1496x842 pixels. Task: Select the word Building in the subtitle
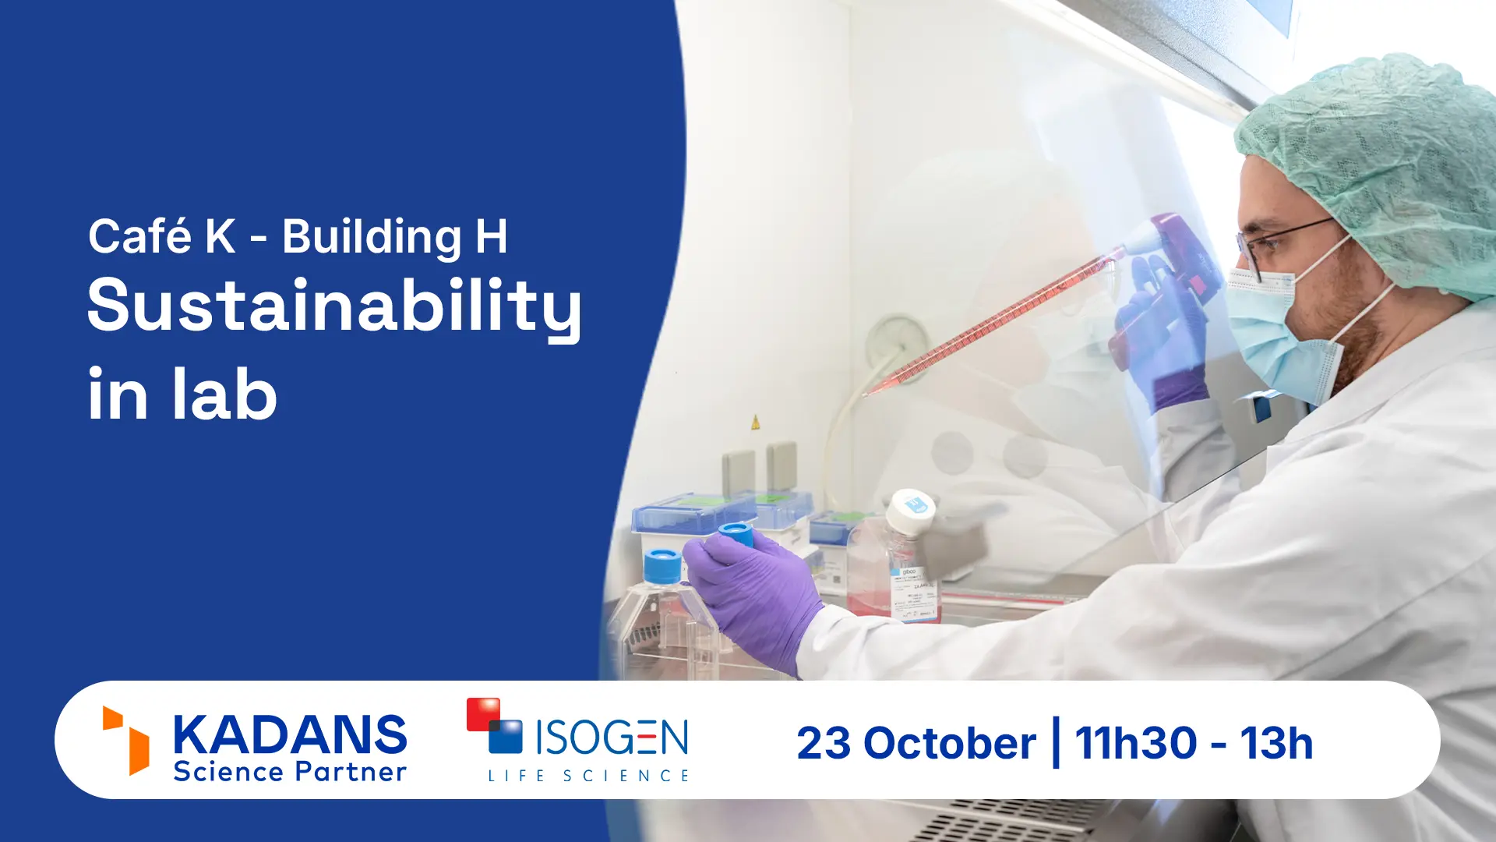(x=372, y=238)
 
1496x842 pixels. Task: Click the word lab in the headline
(x=224, y=394)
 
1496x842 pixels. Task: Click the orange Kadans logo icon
(x=125, y=740)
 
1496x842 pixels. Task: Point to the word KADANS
(x=290, y=734)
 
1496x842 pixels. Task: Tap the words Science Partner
(x=290, y=772)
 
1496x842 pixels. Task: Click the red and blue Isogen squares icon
(x=495, y=725)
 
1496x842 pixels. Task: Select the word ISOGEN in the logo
(x=612, y=738)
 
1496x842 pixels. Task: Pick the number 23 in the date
(x=824, y=743)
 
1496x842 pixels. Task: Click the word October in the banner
(x=950, y=743)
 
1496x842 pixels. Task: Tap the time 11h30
(x=1135, y=743)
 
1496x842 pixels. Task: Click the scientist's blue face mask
(x=1278, y=335)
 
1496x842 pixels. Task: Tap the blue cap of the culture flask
(x=662, y=565)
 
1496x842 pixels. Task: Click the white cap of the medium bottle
(x=911, y=511)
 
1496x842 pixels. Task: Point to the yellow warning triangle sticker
(x=755, y=423)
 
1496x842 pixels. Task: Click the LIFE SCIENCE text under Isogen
(x=589, y=776)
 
